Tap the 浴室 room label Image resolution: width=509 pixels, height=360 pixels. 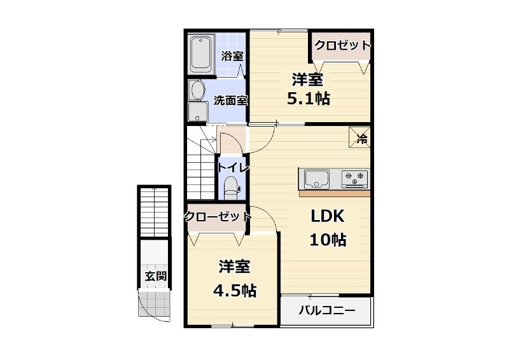pyautogui.click(x=232, y=56)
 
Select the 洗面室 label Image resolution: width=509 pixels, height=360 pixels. pyautogui.click(x=230, y=100)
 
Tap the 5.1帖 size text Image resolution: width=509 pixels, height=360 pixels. pyautogui.click(x=309, y=99)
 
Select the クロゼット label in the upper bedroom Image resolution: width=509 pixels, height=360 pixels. pyautogui.click(x=342, y=46)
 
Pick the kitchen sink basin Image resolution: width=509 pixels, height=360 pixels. pyautogui.click(x=316, y=177)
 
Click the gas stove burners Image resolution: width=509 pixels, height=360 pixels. pyautogui.click(x=355, y=177)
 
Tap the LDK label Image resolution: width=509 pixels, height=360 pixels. pyautogui.click(x=327, y=217)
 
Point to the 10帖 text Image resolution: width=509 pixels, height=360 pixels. pyautogui.click(x=328, y=240)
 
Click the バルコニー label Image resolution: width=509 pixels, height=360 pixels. pyautogui.click(x=326, y=312)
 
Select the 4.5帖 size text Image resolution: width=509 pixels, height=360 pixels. pyautogui.click(x=234, y=291)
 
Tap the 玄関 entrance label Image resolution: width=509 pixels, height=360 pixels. pyautogui.click(x=155, y=277)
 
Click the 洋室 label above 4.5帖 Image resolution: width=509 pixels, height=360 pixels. pyautogui.click(x=234, y=267)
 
